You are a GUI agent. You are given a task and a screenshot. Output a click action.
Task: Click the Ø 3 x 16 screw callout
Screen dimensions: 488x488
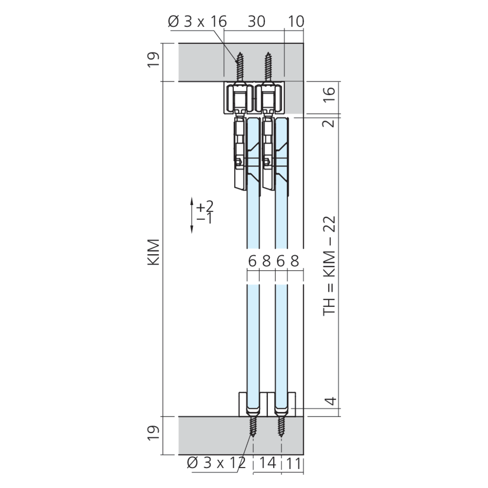point(197,21)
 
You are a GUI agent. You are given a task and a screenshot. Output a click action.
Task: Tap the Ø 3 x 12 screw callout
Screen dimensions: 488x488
point(217,463)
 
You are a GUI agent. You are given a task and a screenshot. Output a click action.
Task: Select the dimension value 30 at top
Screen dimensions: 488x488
point(257,21)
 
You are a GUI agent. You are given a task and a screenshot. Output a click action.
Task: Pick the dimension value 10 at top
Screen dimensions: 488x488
point(296,21)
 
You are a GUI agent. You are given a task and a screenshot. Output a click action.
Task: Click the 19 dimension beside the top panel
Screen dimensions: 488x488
point(153,60)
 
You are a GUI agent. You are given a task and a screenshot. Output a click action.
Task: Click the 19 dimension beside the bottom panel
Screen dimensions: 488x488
point(153,432)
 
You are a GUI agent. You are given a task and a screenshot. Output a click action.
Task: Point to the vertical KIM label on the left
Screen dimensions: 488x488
point(153,252)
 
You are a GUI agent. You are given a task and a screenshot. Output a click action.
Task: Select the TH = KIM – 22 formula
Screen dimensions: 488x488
point(329,266)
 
